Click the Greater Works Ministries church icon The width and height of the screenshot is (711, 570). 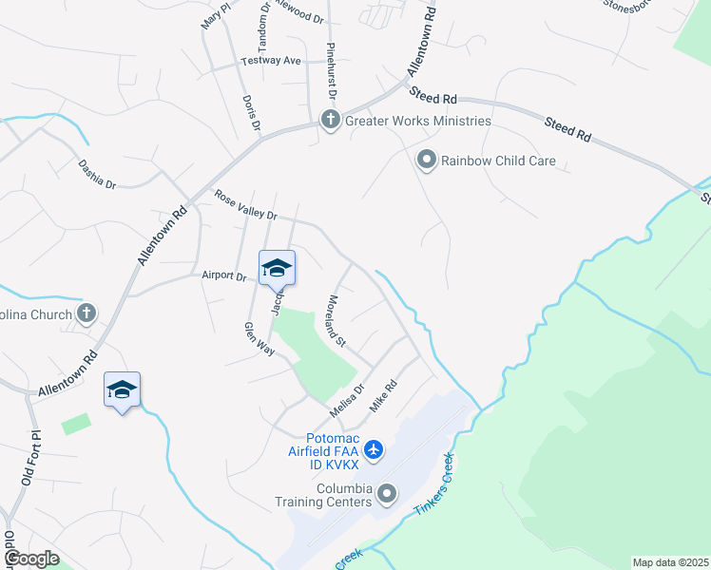tap(331, 121)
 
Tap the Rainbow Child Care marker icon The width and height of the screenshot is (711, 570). tap(427, 161)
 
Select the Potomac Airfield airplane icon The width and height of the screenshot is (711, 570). tap(374, 448)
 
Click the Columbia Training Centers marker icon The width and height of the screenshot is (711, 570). tap(387, 493)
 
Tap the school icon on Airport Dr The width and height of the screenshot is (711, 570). tap(277, 268)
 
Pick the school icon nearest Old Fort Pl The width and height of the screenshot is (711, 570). tap(123, 389)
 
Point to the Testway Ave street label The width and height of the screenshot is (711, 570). tap(274, 61)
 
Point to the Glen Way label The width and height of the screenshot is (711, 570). tap(259, 339)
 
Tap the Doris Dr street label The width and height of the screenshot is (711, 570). tap(252, 114)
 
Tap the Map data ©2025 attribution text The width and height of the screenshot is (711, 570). tap(669, 562)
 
